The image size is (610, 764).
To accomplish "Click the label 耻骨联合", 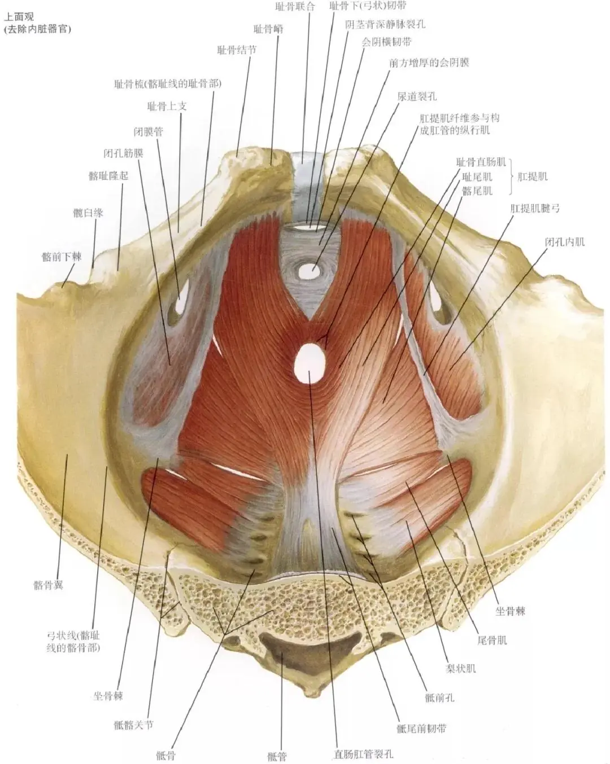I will point(294,7).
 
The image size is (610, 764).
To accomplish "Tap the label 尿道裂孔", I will point(416,96).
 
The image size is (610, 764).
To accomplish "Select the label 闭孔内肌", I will point(564,242).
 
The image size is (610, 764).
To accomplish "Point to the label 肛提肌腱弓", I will point(534,208).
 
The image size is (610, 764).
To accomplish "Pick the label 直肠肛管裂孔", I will point(363,754).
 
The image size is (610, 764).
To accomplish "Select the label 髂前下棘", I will point(61,257).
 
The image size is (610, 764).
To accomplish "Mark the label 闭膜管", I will point(148,131).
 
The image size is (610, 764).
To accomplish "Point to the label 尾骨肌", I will point(491,640).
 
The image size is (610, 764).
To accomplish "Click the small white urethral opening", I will point(308,271).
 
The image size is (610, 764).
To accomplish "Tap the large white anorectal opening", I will point(310,363).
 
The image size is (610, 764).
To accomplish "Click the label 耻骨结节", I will point(236,50).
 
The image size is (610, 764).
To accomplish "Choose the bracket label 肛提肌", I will point(532,177).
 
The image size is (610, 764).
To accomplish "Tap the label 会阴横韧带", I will point(386,42).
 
